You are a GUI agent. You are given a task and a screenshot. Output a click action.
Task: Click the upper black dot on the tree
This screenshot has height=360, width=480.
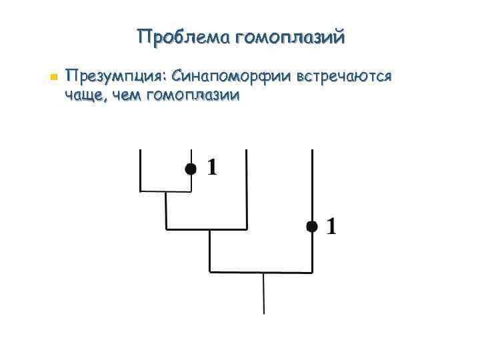[x=191, y=169]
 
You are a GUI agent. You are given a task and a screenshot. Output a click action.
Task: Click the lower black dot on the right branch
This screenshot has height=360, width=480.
[x=311, y=227]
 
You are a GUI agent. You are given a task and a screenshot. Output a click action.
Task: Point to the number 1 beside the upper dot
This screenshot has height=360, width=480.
[x=212, y=167]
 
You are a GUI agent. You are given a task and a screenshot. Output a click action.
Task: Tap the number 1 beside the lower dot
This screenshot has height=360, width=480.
[x=331, y=227]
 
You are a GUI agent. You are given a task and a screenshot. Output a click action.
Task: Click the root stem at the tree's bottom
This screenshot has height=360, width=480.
[x=264, y=293]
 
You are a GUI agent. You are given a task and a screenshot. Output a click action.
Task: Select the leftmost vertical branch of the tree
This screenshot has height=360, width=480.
[x=140, y=170]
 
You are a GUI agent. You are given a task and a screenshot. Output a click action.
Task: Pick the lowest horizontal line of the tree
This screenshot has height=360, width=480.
[x=261, y=272]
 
